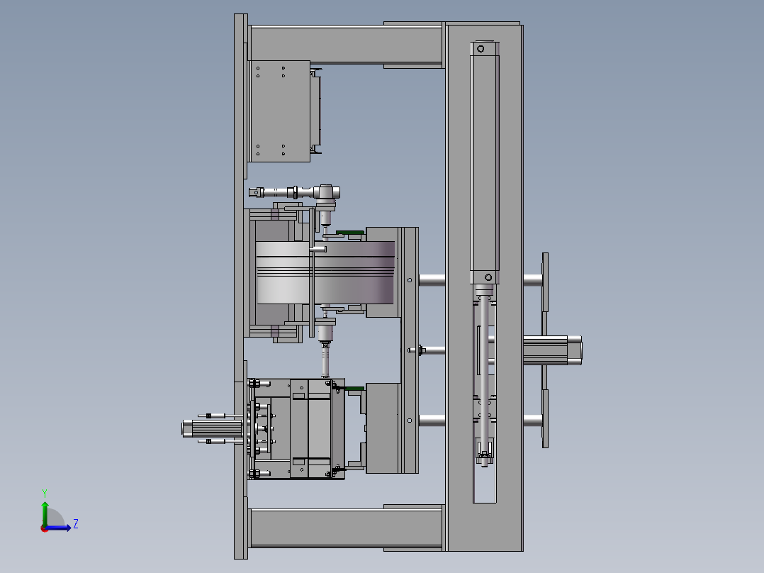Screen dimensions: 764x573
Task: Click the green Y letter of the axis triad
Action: [x=45, y=493]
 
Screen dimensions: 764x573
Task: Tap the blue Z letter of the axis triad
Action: [x=76, y=524]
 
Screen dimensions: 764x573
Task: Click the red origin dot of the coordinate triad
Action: [x=45, y=528]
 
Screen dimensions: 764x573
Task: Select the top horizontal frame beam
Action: [x=346, y=45]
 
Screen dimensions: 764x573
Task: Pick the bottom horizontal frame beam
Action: [x=346, y=528]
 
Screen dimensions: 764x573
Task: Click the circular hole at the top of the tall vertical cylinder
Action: [x=481, y=49]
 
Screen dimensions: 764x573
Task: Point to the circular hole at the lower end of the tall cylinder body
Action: [x=488, y=277]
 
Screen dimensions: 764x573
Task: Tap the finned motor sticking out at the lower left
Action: [x=213, y=428]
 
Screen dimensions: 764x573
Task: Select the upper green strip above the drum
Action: [x=350, y=233]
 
